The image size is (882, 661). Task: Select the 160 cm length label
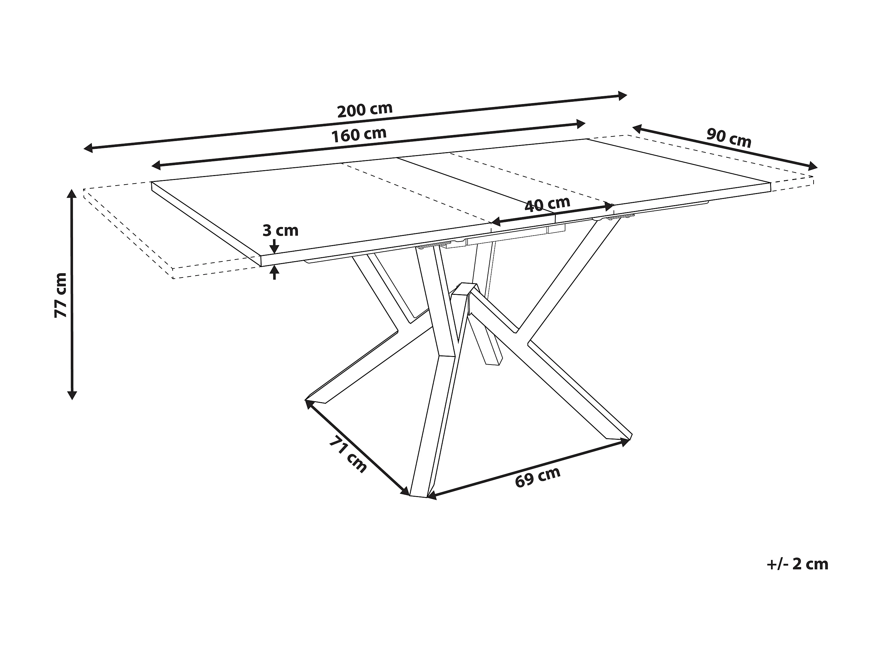(359, 135)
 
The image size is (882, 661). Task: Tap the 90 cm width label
(729, 138)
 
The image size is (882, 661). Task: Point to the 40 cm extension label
(547, 204)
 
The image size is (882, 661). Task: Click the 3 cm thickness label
(280, 230)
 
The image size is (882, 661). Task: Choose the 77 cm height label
(61, 295)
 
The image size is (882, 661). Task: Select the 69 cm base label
(538, 476)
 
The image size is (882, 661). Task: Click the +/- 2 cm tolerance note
(798, 564)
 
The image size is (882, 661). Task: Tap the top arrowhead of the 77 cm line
(72, 194)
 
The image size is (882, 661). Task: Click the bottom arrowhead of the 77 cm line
(72, 395)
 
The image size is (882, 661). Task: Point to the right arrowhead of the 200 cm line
(622, 95)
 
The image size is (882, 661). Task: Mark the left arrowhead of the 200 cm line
(88, 148)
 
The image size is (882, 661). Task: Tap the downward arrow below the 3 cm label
(275, 248)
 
